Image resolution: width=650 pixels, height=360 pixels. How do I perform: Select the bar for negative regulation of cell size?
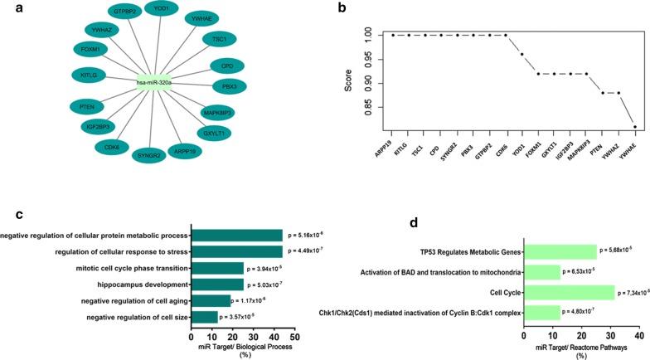(204, 316)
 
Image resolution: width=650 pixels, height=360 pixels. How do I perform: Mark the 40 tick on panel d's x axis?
(638, 335)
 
